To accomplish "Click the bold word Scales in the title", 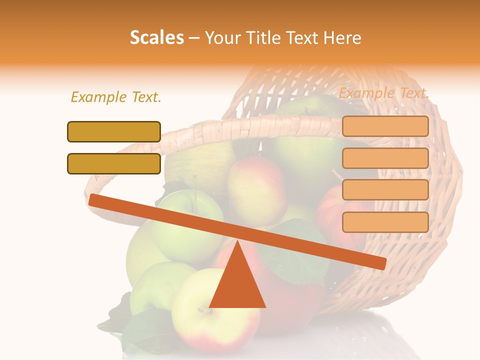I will pyautogui.click(x=156, y=38).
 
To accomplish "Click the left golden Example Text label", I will pyautogui.click(x=116, y=97).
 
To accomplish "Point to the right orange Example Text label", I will pyautogui.click(x=384, y=93).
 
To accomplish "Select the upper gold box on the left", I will pyautogui.click(x=114, y=131).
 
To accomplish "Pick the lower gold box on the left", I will pyautogui.click(x=114, y=163).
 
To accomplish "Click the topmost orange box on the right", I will pyautogui.click(x=385, y=126).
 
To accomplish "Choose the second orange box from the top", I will pyautogui.click(x=385, y=158).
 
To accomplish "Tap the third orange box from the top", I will pyautogui.click(x=385, y=189).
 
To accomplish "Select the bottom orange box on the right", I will pyautogui.click(x=385, y=222).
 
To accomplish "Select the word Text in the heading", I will pyautogui.click(x=302, y=38).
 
